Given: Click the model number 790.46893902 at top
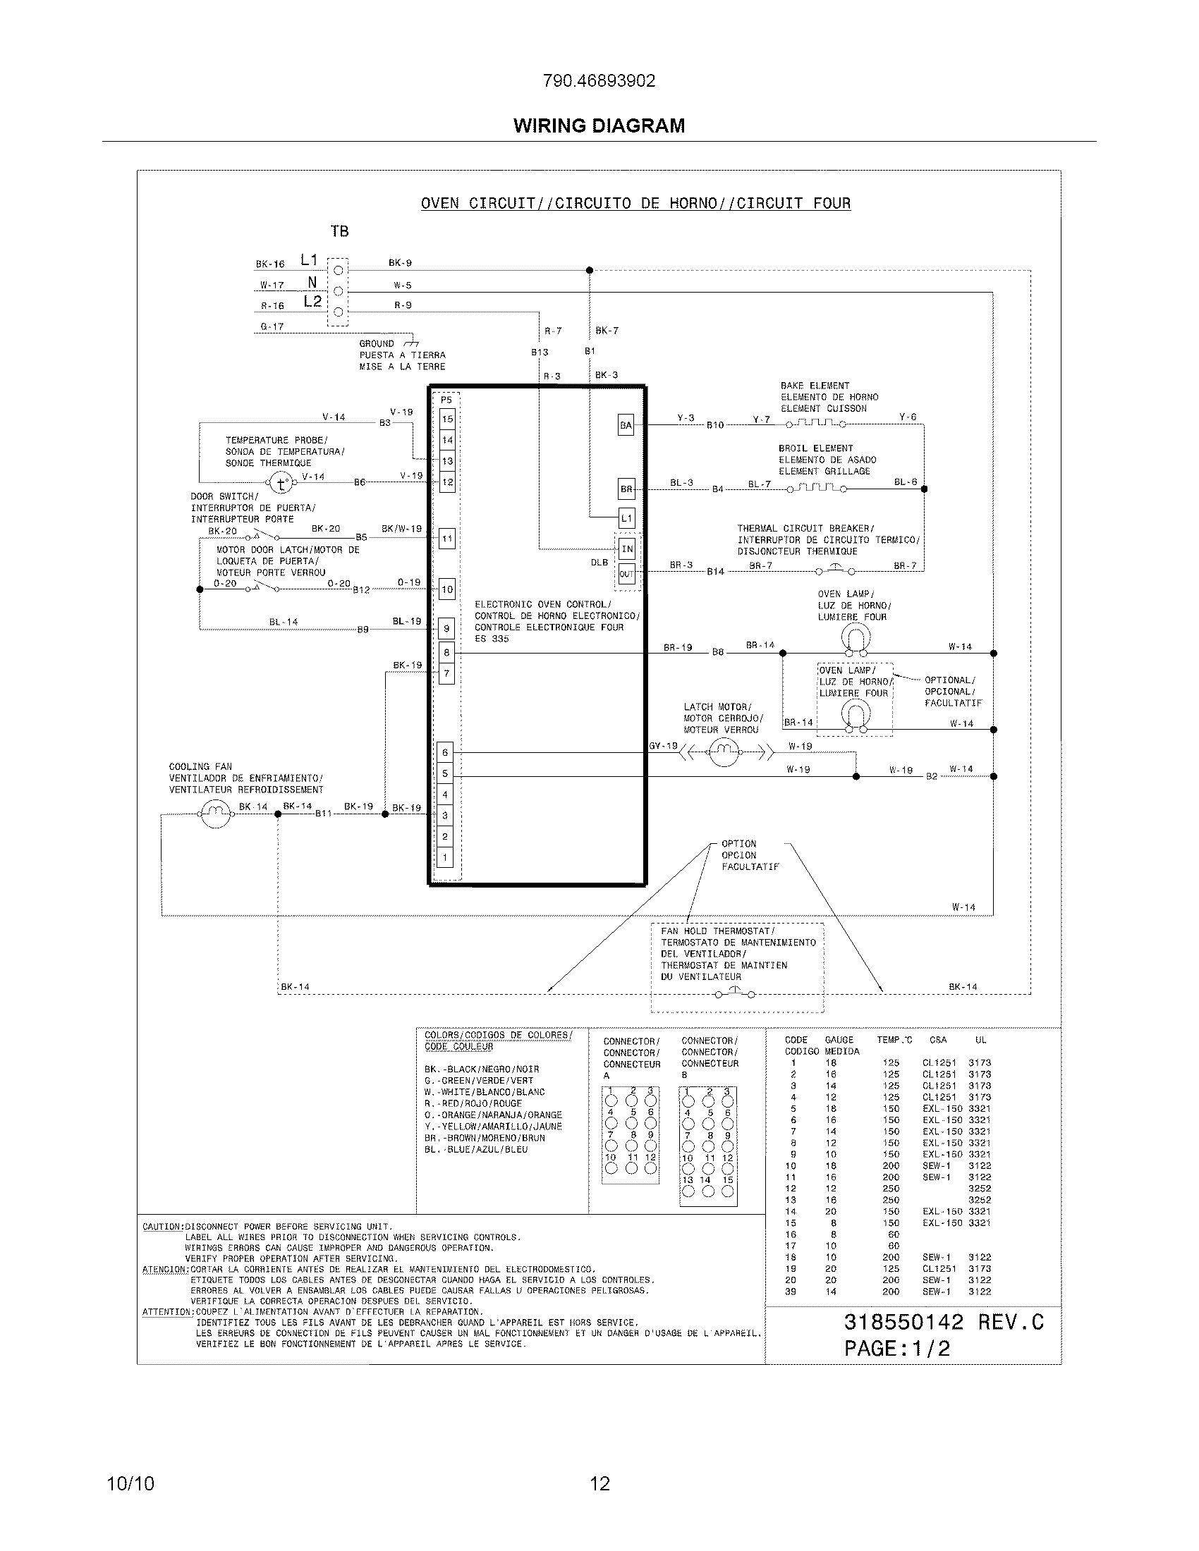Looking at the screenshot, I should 599,81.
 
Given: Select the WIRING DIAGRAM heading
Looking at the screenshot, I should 599,125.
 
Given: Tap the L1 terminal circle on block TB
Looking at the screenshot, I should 338,270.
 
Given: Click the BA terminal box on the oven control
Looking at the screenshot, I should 626,425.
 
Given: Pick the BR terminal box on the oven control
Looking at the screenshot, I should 626,489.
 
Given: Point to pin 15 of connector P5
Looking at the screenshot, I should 446,419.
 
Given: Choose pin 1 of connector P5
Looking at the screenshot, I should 445,857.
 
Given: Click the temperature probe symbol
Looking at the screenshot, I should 281,484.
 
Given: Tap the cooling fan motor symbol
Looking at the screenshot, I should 215,814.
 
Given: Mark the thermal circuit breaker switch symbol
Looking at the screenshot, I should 835,570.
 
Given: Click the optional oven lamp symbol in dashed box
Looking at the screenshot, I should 856,716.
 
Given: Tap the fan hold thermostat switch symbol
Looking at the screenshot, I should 735,993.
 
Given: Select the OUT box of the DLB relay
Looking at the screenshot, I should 626,574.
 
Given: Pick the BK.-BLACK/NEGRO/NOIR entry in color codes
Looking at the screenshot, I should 482,1069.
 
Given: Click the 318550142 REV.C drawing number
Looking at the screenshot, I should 943,1322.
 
